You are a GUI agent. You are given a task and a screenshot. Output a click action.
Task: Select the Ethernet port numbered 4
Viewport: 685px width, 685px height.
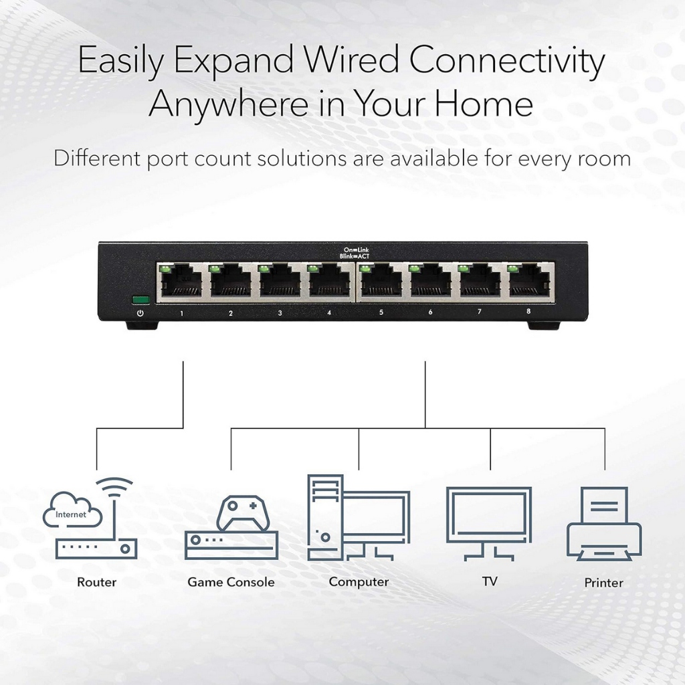click(x=330, y=282)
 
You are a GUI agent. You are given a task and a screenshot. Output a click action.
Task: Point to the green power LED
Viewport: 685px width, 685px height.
click(x=140, y=300)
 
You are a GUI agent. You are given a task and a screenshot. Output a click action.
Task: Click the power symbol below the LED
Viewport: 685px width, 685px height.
click(x=140, y=313)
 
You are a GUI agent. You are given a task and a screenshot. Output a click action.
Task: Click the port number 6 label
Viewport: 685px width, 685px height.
click(x=430, y=312)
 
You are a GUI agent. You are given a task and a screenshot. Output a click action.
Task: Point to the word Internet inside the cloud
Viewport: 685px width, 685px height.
click(x=71, y=514)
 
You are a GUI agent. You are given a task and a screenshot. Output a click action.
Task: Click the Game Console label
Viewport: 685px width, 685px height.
click(x=231, y=582)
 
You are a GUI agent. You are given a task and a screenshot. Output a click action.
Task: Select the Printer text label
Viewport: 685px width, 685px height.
click(x=603, y=583)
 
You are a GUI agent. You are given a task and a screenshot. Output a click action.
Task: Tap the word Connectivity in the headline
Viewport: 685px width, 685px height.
click(x=506, y=62)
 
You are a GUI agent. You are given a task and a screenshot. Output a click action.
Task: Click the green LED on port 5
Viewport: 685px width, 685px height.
click(x=365, y=269)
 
